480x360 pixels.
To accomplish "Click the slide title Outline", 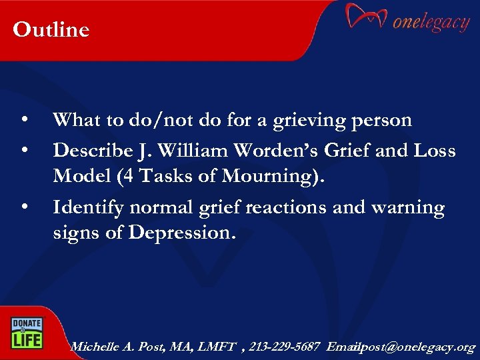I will coord(51,30).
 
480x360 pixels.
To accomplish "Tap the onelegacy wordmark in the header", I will coord(431,22).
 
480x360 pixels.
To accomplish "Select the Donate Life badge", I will coord(25,332).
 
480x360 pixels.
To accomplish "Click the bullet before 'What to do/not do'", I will coord(24,121).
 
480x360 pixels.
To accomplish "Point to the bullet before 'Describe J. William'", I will coord(24,151).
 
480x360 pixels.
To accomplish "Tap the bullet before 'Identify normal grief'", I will coord(24,208).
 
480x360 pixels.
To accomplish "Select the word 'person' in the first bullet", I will coord(381,121).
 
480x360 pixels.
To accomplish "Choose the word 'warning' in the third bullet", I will coord(407,208).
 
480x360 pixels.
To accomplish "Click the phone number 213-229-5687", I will coord(285,347).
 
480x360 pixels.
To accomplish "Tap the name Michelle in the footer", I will coord(95,347).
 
